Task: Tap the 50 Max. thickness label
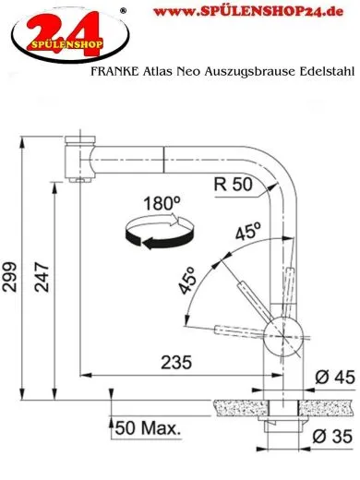coord(149,429)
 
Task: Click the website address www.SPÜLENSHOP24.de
coord(246,12)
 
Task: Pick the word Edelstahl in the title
coord(327,71)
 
